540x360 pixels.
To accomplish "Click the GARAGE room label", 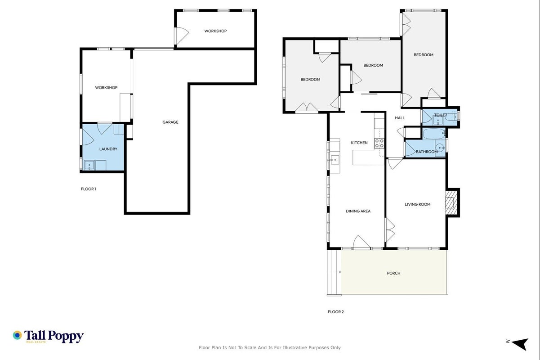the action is [170, 122].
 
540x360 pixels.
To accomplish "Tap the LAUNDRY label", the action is [108, 149].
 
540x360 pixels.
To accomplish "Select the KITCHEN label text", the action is [359, 143].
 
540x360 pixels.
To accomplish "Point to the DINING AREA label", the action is [358, 211].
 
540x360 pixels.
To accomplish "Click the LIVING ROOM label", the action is [418, 204].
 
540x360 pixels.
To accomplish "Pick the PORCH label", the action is [393, 273].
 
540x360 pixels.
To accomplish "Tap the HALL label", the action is [400, 118].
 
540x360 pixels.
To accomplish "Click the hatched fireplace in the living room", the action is [451, 202].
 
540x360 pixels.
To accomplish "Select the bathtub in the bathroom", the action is [434, 134].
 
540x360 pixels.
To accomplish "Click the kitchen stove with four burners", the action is [379, 143].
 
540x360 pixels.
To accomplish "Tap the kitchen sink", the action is [335, 160].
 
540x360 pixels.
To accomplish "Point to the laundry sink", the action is [89, 165].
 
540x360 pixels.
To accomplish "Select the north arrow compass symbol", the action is [520, 344].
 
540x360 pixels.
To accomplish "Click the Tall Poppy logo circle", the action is [18, 335].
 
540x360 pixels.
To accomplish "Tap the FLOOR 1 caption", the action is [89, 189].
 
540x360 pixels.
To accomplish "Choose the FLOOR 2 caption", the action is [336, 312].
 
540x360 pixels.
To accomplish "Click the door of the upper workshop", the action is [181, 36].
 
